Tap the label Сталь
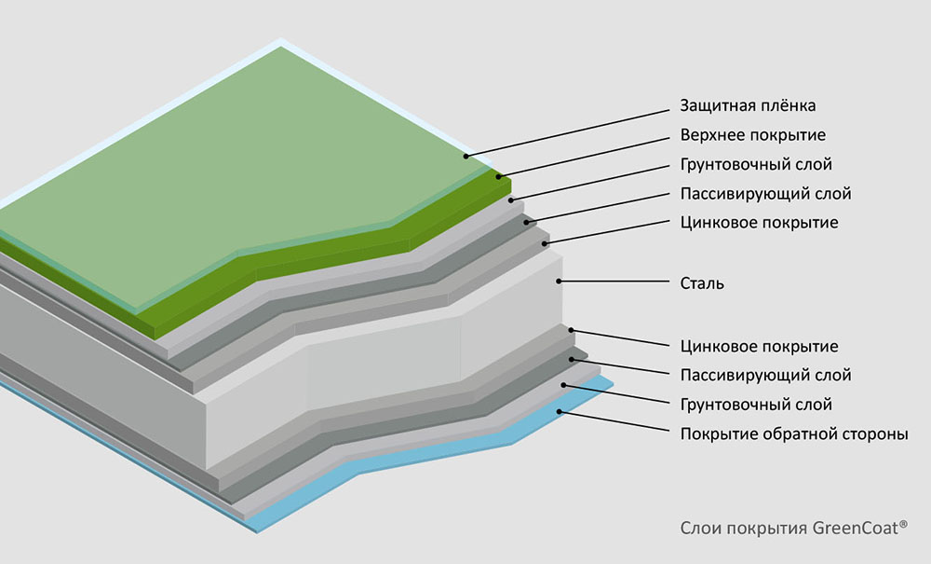click(x=701, y=283)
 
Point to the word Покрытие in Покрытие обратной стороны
click(x=716, y=433)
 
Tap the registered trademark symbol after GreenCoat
click(x=904, y=524)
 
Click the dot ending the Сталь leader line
click(x=559, y=281)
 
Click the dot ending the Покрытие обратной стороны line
click(x=559, y=411)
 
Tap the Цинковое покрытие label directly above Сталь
click(x=759, y=223)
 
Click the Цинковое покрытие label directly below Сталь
click(x=759, y=347)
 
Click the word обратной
click(x=803, y=433)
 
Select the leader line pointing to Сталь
click(x=614, y=282)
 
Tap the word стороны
click(x=876, y=433)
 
